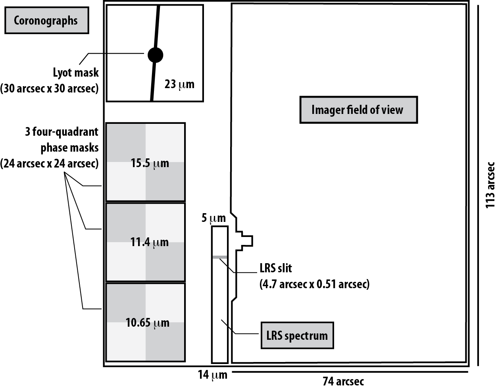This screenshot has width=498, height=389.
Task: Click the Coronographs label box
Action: (46, 21)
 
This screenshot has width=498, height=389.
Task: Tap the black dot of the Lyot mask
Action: (155, 55)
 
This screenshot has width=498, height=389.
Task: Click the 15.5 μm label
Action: (150, 163)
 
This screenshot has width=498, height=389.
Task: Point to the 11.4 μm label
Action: (150, 242)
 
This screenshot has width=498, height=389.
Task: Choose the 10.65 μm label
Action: (148, 323)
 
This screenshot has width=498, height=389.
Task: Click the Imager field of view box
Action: (358, 110)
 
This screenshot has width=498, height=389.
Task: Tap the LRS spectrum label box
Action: (297, 335)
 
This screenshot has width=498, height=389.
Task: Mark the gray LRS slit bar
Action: (219, 257)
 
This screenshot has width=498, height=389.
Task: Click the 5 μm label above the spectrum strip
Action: (213, 218)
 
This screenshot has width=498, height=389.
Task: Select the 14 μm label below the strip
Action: (213, 375)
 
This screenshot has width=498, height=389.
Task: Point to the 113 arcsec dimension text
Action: (490, 185)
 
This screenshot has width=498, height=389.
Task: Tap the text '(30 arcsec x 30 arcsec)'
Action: (49, 88)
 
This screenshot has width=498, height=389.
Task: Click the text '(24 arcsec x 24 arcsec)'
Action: (49, 163)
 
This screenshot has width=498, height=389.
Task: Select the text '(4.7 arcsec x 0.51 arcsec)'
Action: (314, 284)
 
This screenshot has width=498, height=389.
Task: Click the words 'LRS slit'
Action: (276, 268)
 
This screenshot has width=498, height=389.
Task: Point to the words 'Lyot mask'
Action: (76, 73)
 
